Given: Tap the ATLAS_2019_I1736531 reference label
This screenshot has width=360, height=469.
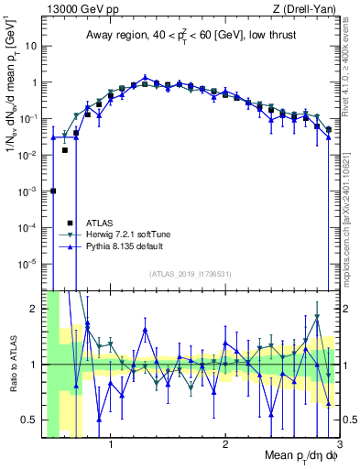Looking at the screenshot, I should point(190,274).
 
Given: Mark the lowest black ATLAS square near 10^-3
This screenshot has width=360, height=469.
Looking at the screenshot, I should point(53,191).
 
